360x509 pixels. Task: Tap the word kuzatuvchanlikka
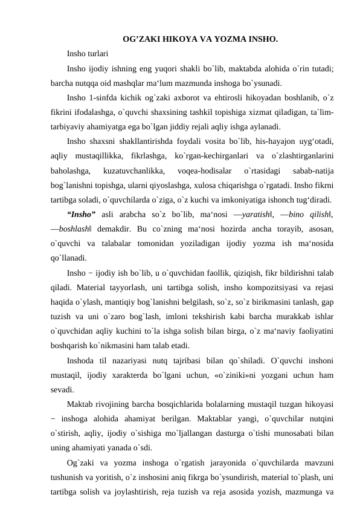pyautogui.click(x=134, y=172)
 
